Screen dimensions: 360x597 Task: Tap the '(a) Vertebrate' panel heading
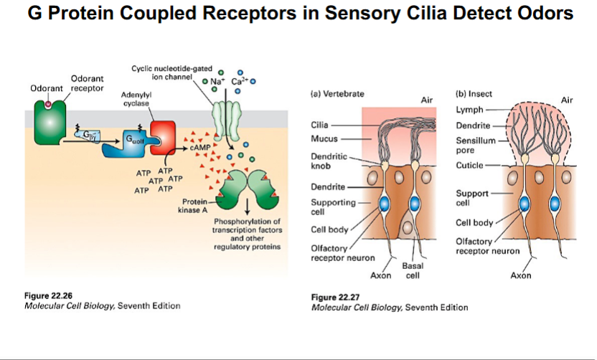tap(337, 94)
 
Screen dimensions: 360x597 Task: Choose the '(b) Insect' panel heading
tap(474, 94)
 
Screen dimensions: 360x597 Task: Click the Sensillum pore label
tap(476, 145)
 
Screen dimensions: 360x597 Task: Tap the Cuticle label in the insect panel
tap(470, 166)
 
